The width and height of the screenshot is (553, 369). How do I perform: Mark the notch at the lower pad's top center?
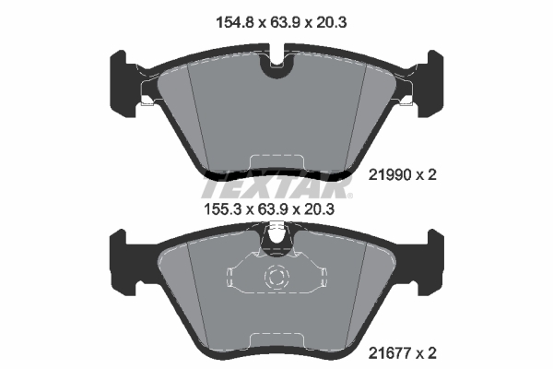pyautogui.click(x=276, y=243)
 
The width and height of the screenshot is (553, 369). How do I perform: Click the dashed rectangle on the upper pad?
pyautogui.click(x=276, y=162)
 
